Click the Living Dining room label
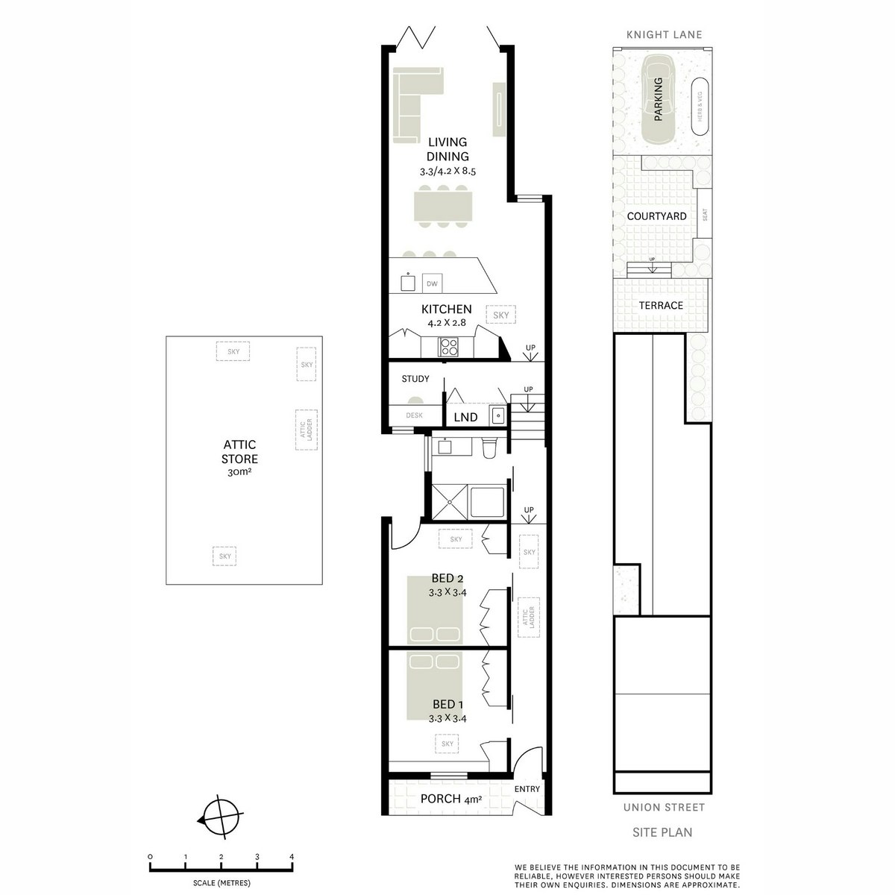pyautogui.click(x=447, y=149)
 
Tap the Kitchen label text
pyautogui.click(x=446, y=309)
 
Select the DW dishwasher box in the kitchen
pyautogui.click(x=431, y=283)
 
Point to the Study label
pyautogui.click(x=415, y=379)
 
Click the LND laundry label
pyautogui.click(x=465, y=418)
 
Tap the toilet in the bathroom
pyautogui.click(x=490, y=448)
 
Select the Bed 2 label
pyautogui.click(x=447, y=578)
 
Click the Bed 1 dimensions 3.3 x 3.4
pyautogui.click(x=447, y=719)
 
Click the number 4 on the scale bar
pyautogui.click(x=292, y=856)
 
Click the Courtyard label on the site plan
pyautogui.click(x=656, y=216)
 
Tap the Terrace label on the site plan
pyautogui.click(x=660, y=305)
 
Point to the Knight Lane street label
pyautogui.click(x=664, y=35)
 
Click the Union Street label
pyautogui.click(x=664, y=807)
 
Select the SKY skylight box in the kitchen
pyautogui.click(x=500, y=315)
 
